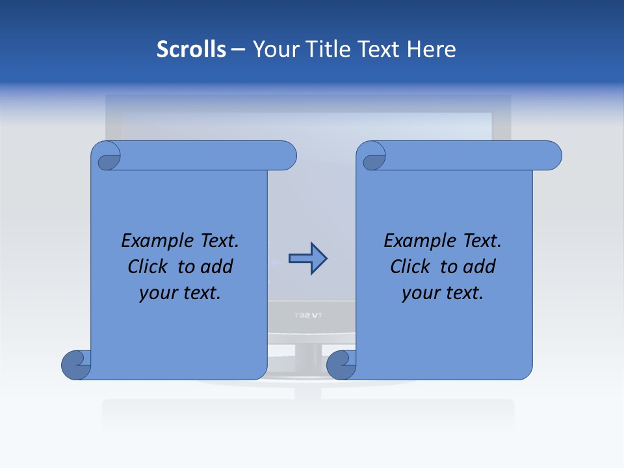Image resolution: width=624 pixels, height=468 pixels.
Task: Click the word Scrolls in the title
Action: tap(191, 49)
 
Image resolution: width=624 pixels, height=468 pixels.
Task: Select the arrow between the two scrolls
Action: tap(307, 259)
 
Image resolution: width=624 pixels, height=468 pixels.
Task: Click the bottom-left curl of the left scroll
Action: tap(77, 365)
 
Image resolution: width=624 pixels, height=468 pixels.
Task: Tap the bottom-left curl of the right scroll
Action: tap(342, 365)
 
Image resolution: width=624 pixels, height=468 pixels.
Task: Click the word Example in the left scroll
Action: tap(155, 241)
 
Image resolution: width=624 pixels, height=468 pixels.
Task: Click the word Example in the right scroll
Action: tap(417, 241)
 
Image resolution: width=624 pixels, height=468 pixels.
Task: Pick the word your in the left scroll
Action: tap(158, 293)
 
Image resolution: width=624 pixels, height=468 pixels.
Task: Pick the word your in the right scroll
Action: tap(421, 293)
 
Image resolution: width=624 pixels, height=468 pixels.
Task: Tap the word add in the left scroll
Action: tap(217, 266)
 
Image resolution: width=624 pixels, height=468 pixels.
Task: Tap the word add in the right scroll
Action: tap(480, 266)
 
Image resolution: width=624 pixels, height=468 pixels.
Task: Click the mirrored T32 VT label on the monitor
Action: tap(309, 315)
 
